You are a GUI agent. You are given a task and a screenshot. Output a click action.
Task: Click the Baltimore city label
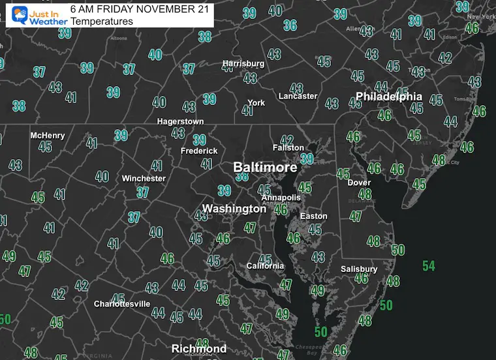pyautogui.click(x=265, y=168)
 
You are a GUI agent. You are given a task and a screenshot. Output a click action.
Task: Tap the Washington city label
pyautogui.click(x=234, y=209)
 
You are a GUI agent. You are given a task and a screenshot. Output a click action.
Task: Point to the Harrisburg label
pyautogui.click(x=243, y=63)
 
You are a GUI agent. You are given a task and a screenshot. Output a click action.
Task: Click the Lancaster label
pyautogui.click(x=298, y=96)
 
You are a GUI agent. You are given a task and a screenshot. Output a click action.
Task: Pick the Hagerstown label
pyautogui.click(x=180, y=121)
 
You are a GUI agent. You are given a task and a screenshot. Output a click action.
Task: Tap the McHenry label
pyautogui.click(x=48, y=136)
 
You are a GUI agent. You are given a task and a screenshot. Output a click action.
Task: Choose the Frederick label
pyautogui.click(x=199, y=151)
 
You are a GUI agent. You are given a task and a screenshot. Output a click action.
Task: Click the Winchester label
pyautogui.click(x=144, y=178)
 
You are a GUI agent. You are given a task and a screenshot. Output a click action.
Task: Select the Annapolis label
pyautogui.click(x=281, y=197)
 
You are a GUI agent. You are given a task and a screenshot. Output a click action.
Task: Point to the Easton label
pyautogui.click(x=313, y=216)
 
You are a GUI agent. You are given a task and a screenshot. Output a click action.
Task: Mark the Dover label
pyautogui.click(x=359, y=183)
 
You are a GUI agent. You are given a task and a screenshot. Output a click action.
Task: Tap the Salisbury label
pyautogui.click(x=359, y=269)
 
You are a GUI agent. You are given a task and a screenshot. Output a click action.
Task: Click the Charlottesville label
pyautogui.click(x=122, y=304)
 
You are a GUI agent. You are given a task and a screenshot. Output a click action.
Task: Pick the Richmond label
pyautogui.click(x=198, y=349)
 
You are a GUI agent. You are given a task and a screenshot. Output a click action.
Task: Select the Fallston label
pyautogui.click(x=288, y=147)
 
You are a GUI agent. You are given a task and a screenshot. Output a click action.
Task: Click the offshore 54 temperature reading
pyautogui.click(x=429, y=266)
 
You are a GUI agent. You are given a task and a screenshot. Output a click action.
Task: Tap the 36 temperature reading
pyautogui.click(x=290, y=25)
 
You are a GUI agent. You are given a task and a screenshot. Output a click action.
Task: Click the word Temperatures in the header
pyautogui.click(x=102, y=22)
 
